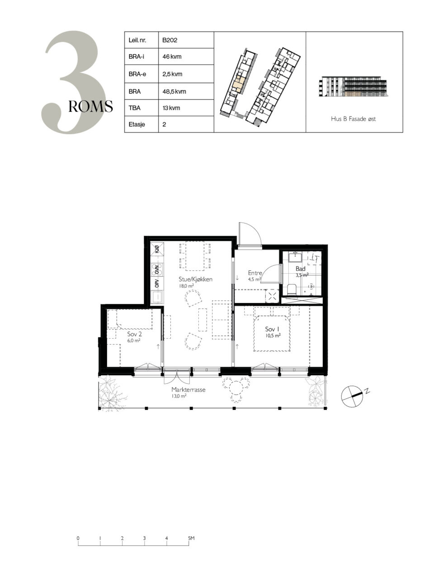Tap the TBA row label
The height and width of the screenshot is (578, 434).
click(134, 108)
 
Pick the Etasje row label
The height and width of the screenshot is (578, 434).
click(137, 124)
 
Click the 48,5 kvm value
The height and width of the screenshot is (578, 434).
click(174, 91)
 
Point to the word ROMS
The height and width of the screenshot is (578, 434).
click(91, 107)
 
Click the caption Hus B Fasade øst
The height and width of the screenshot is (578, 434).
click(354, 119)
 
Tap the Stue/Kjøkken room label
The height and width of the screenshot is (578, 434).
click(195, 279)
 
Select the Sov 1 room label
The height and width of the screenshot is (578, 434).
click(272, 329)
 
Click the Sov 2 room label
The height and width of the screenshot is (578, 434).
click(134, 334)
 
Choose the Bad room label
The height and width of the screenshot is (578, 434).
click(300, 269)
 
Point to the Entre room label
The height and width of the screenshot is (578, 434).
click(255, 273)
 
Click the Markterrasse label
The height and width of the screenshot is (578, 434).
click(188, 389)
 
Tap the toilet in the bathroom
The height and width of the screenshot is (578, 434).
click(292, 289)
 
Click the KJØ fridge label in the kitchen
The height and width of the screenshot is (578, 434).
click(157, 249)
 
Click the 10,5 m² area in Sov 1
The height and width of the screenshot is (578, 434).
click(273, 336)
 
